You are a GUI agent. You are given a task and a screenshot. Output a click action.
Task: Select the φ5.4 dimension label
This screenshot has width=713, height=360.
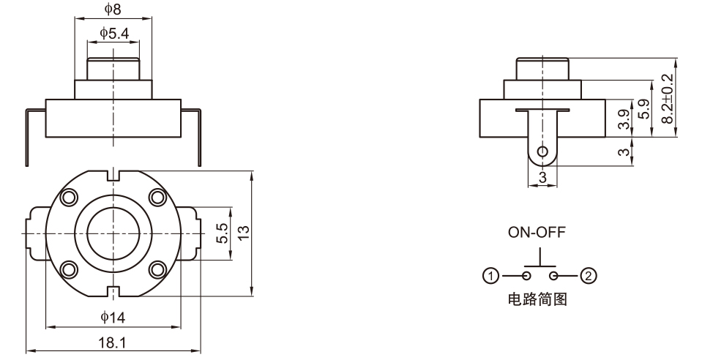(x=113, y=33)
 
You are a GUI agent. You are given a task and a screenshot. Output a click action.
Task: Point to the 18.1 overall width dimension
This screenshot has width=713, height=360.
(x=113, y=342)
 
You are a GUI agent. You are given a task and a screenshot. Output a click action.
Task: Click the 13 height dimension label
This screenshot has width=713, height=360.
(x=244, y=232)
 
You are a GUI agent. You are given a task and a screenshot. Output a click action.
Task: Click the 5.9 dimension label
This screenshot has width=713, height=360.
(x=643, y=110)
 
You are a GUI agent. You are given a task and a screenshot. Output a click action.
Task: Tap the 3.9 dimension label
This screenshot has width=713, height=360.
(x=622, y=119)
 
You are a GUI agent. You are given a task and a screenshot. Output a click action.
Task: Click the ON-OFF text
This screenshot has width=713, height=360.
(x=537, y=233)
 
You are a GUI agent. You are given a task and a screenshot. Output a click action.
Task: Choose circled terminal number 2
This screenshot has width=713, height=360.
(x=588, y=276)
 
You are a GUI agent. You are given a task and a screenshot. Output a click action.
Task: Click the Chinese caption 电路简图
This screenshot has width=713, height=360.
(x=538, y=299)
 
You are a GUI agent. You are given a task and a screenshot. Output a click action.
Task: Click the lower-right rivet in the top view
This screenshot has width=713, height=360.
(x=157, y=269)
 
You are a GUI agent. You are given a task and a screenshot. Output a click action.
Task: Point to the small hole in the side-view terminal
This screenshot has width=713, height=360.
(x=542, y=152)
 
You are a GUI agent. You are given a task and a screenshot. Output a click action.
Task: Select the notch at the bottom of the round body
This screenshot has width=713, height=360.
(x=113, y=292)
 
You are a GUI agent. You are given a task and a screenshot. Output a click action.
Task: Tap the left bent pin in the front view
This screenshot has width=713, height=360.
(x=28, y=135)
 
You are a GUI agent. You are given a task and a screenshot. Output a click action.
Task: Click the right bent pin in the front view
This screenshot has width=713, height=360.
(x=199, y=135)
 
